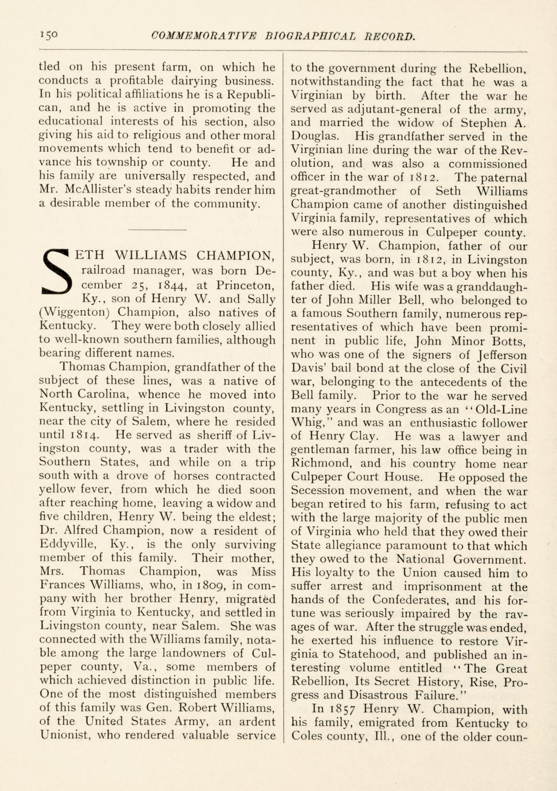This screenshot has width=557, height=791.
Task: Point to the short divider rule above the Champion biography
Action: (157, 230)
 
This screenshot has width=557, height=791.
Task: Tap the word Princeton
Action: (245, 285)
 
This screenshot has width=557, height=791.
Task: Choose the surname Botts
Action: (507, 341)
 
